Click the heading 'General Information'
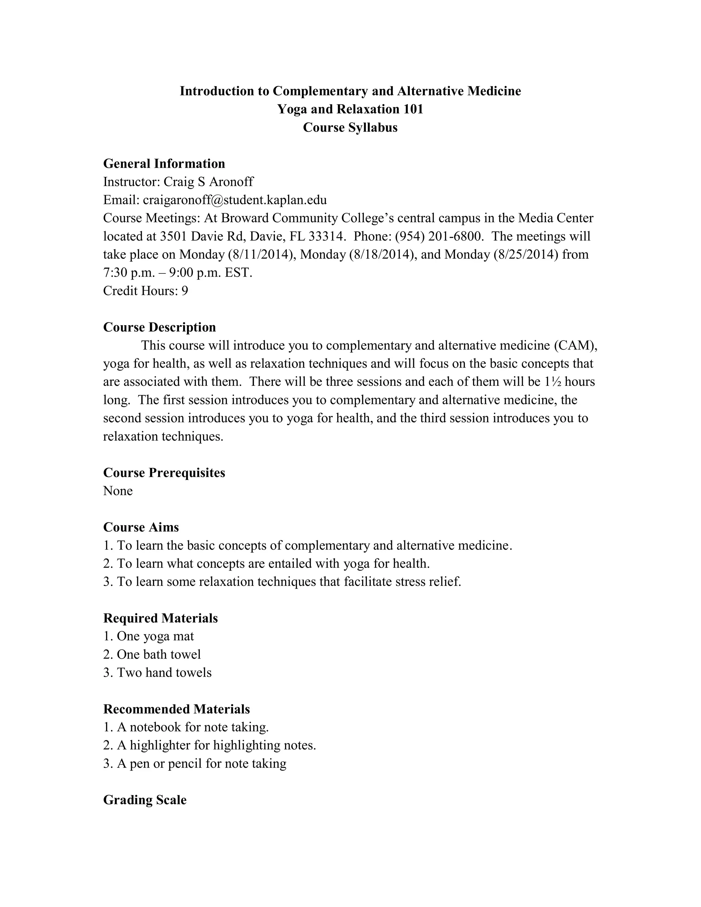click(x=164, y=164)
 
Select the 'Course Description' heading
click(x=160, y=327)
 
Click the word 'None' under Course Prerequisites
click(x=118, y=491)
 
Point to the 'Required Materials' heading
click(x=160, y=618)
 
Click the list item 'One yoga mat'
click(x=155, y=636)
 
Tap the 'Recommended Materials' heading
click(x=177, y=709)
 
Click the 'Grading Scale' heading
click(x=145, y=800)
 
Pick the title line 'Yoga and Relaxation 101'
click(x=350, y=109)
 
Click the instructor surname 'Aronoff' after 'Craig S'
click(x=231, y=182)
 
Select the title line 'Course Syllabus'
click(x=350, y=128)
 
